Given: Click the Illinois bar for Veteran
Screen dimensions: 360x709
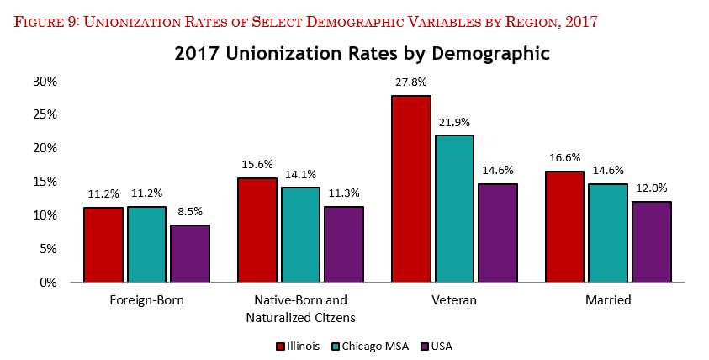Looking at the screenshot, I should click(x=411, y=189).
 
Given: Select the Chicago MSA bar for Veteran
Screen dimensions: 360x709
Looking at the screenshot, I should click(x=454, y=209).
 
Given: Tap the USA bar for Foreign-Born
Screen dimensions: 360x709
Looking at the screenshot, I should click(x=190, y=253).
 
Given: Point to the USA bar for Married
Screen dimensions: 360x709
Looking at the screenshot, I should click(x=652, y=242).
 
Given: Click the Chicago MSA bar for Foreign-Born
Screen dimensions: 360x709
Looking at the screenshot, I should click(x=146, y=245).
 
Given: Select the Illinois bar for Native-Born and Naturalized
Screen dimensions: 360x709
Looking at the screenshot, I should click(x=257, y=230).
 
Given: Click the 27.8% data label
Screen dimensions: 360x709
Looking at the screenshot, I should click(x=411, y=82).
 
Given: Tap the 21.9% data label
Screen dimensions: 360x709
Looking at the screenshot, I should click(x=454, y=122).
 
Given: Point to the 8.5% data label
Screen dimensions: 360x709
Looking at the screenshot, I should click(x=190, y=212).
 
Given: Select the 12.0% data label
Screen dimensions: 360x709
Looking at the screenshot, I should click(x=652, y=188).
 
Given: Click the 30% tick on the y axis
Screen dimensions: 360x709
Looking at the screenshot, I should click(x=45, y=82).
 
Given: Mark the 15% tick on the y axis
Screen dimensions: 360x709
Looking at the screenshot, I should click(x=45, y=182).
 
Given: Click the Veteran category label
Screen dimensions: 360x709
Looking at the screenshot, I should click(x=454, y=300).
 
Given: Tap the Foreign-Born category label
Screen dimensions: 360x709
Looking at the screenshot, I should click(x=146, y=300).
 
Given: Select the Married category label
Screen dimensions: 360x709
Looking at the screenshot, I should click(x=608, y=300).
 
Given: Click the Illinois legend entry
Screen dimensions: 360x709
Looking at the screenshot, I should click(x=298, y=346).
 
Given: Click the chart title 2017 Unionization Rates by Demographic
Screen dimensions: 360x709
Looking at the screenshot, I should click(x=362, y=54).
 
